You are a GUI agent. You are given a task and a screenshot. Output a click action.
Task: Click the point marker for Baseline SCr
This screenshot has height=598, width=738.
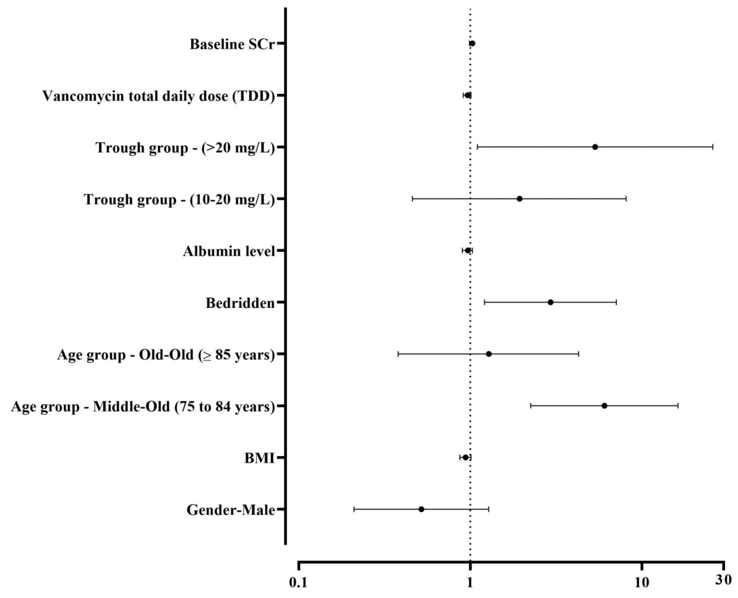pos(472,43)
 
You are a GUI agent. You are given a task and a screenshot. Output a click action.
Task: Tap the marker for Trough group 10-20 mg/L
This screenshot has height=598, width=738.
pos(520,199)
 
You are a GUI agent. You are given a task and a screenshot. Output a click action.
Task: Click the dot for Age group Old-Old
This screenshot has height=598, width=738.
pos(489,354)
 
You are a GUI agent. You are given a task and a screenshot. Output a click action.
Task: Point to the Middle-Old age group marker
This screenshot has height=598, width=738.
pos(604,406)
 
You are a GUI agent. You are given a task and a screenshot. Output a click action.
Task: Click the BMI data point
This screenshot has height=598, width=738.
pos(466,458)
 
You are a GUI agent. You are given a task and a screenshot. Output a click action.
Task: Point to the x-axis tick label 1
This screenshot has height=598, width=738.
pos(470,582)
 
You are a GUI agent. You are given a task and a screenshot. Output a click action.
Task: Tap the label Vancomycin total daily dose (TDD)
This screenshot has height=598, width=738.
pos(159,96)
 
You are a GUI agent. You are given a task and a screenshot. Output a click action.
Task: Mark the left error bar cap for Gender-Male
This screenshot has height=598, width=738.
pos(354,509)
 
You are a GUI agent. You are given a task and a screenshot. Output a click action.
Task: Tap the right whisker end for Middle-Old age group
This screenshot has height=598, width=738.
pos(678,406)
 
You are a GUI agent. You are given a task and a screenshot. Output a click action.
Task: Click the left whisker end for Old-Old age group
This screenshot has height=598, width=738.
pos(398,354)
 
